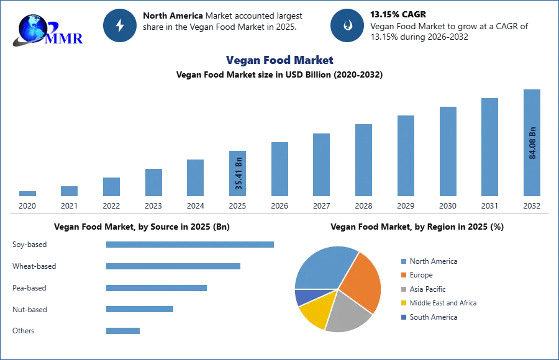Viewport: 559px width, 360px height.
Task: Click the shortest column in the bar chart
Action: (x=27, y=194)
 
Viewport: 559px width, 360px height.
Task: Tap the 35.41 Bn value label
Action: (x=239, y=173)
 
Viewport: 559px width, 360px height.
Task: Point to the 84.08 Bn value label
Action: (x=532, y=143)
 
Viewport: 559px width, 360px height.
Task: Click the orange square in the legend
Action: (x=403, y=275)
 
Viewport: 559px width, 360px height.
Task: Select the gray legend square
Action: (x=403, y=289)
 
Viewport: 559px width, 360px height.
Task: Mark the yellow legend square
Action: (x=403, y=304)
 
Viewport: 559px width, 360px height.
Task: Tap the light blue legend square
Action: (x=403, y=263)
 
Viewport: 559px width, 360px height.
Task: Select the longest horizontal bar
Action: (x=191, y=244)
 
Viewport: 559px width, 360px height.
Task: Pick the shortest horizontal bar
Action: (x=124, y=332)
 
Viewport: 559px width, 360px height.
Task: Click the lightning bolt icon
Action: (x=120, y=25)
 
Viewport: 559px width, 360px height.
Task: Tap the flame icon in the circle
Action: (x=348, y=25)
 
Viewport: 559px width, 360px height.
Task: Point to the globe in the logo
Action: (x=32, y=28)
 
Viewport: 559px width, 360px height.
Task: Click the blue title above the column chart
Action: (x=280, y=60)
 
